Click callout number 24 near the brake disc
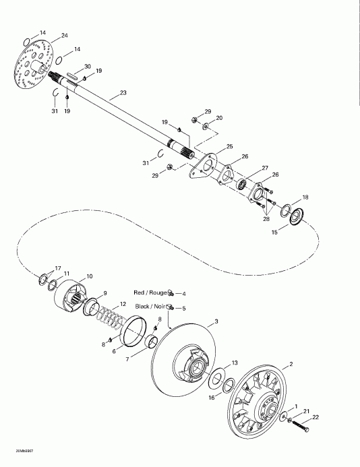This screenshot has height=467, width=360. click(65, 35)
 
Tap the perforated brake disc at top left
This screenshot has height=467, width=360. click(32, 67)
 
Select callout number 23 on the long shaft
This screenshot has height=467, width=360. click(123, 93)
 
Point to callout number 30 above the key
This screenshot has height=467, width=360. click(86, 66)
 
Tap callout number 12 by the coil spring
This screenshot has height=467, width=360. click(122, 304)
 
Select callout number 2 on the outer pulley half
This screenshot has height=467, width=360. click(291, 365)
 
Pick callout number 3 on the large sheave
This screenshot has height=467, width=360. click(216, 321)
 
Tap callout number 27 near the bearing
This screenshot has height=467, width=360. click(265, 168)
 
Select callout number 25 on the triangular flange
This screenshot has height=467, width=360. click(229, 146)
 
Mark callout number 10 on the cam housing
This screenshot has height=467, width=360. click(90, 276)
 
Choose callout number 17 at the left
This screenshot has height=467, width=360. click(39, 268)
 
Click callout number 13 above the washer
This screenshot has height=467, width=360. click(234, 363)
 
